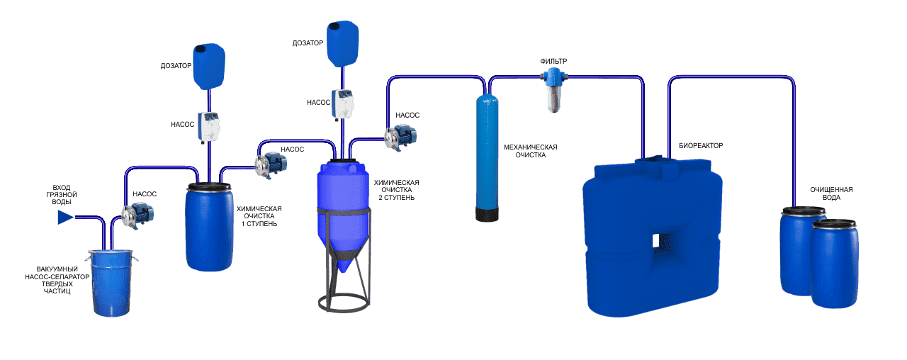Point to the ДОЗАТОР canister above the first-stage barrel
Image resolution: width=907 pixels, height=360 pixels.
click(209, 66)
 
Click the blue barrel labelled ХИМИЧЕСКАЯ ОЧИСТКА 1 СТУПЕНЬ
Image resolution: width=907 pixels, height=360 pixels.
click(209, 227)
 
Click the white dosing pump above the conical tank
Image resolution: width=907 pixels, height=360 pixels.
click(345, 108)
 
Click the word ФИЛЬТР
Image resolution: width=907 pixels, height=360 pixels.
click(553, 62)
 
